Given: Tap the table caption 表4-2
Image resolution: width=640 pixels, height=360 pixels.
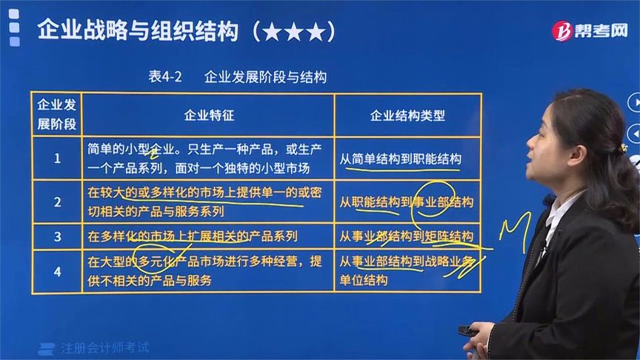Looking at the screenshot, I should click(165, 77).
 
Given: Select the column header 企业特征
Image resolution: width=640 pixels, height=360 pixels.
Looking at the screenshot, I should click(209, 116).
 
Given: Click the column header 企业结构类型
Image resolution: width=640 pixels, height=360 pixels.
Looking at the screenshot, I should click(407, 116).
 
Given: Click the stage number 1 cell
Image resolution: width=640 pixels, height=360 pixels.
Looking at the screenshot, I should click(57, 157).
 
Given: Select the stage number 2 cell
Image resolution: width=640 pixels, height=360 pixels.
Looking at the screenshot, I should click(57, 201).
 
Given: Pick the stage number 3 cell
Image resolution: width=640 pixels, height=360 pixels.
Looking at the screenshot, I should click(57, 237).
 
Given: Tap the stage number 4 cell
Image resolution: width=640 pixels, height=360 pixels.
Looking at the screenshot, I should click(57, 270).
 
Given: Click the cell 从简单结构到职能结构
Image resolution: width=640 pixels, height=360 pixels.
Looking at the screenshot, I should click(400, 159).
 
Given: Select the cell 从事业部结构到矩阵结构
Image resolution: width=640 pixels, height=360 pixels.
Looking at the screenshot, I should click(406, 237).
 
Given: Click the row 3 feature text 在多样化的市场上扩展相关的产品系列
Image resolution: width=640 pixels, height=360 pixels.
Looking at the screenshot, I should click(193, 237).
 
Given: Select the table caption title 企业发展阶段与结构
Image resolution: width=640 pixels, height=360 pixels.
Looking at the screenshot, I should click(265, 77).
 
